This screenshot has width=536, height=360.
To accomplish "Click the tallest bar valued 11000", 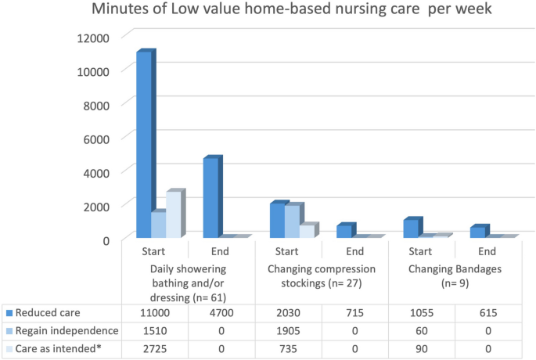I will tap(143, 145).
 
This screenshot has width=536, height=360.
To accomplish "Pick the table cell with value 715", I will tap(355, 311).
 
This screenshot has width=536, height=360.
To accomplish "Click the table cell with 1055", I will tap(422, 311).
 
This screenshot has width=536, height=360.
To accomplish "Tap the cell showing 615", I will tap(488, 311).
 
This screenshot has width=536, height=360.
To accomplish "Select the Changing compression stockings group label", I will tap(322, 275).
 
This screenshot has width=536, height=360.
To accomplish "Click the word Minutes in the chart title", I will tap(118, 11).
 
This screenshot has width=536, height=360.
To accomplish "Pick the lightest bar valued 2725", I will tap(173, 214).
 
